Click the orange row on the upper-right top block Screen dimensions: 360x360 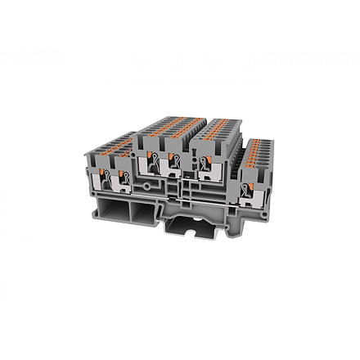click(219, 126)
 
